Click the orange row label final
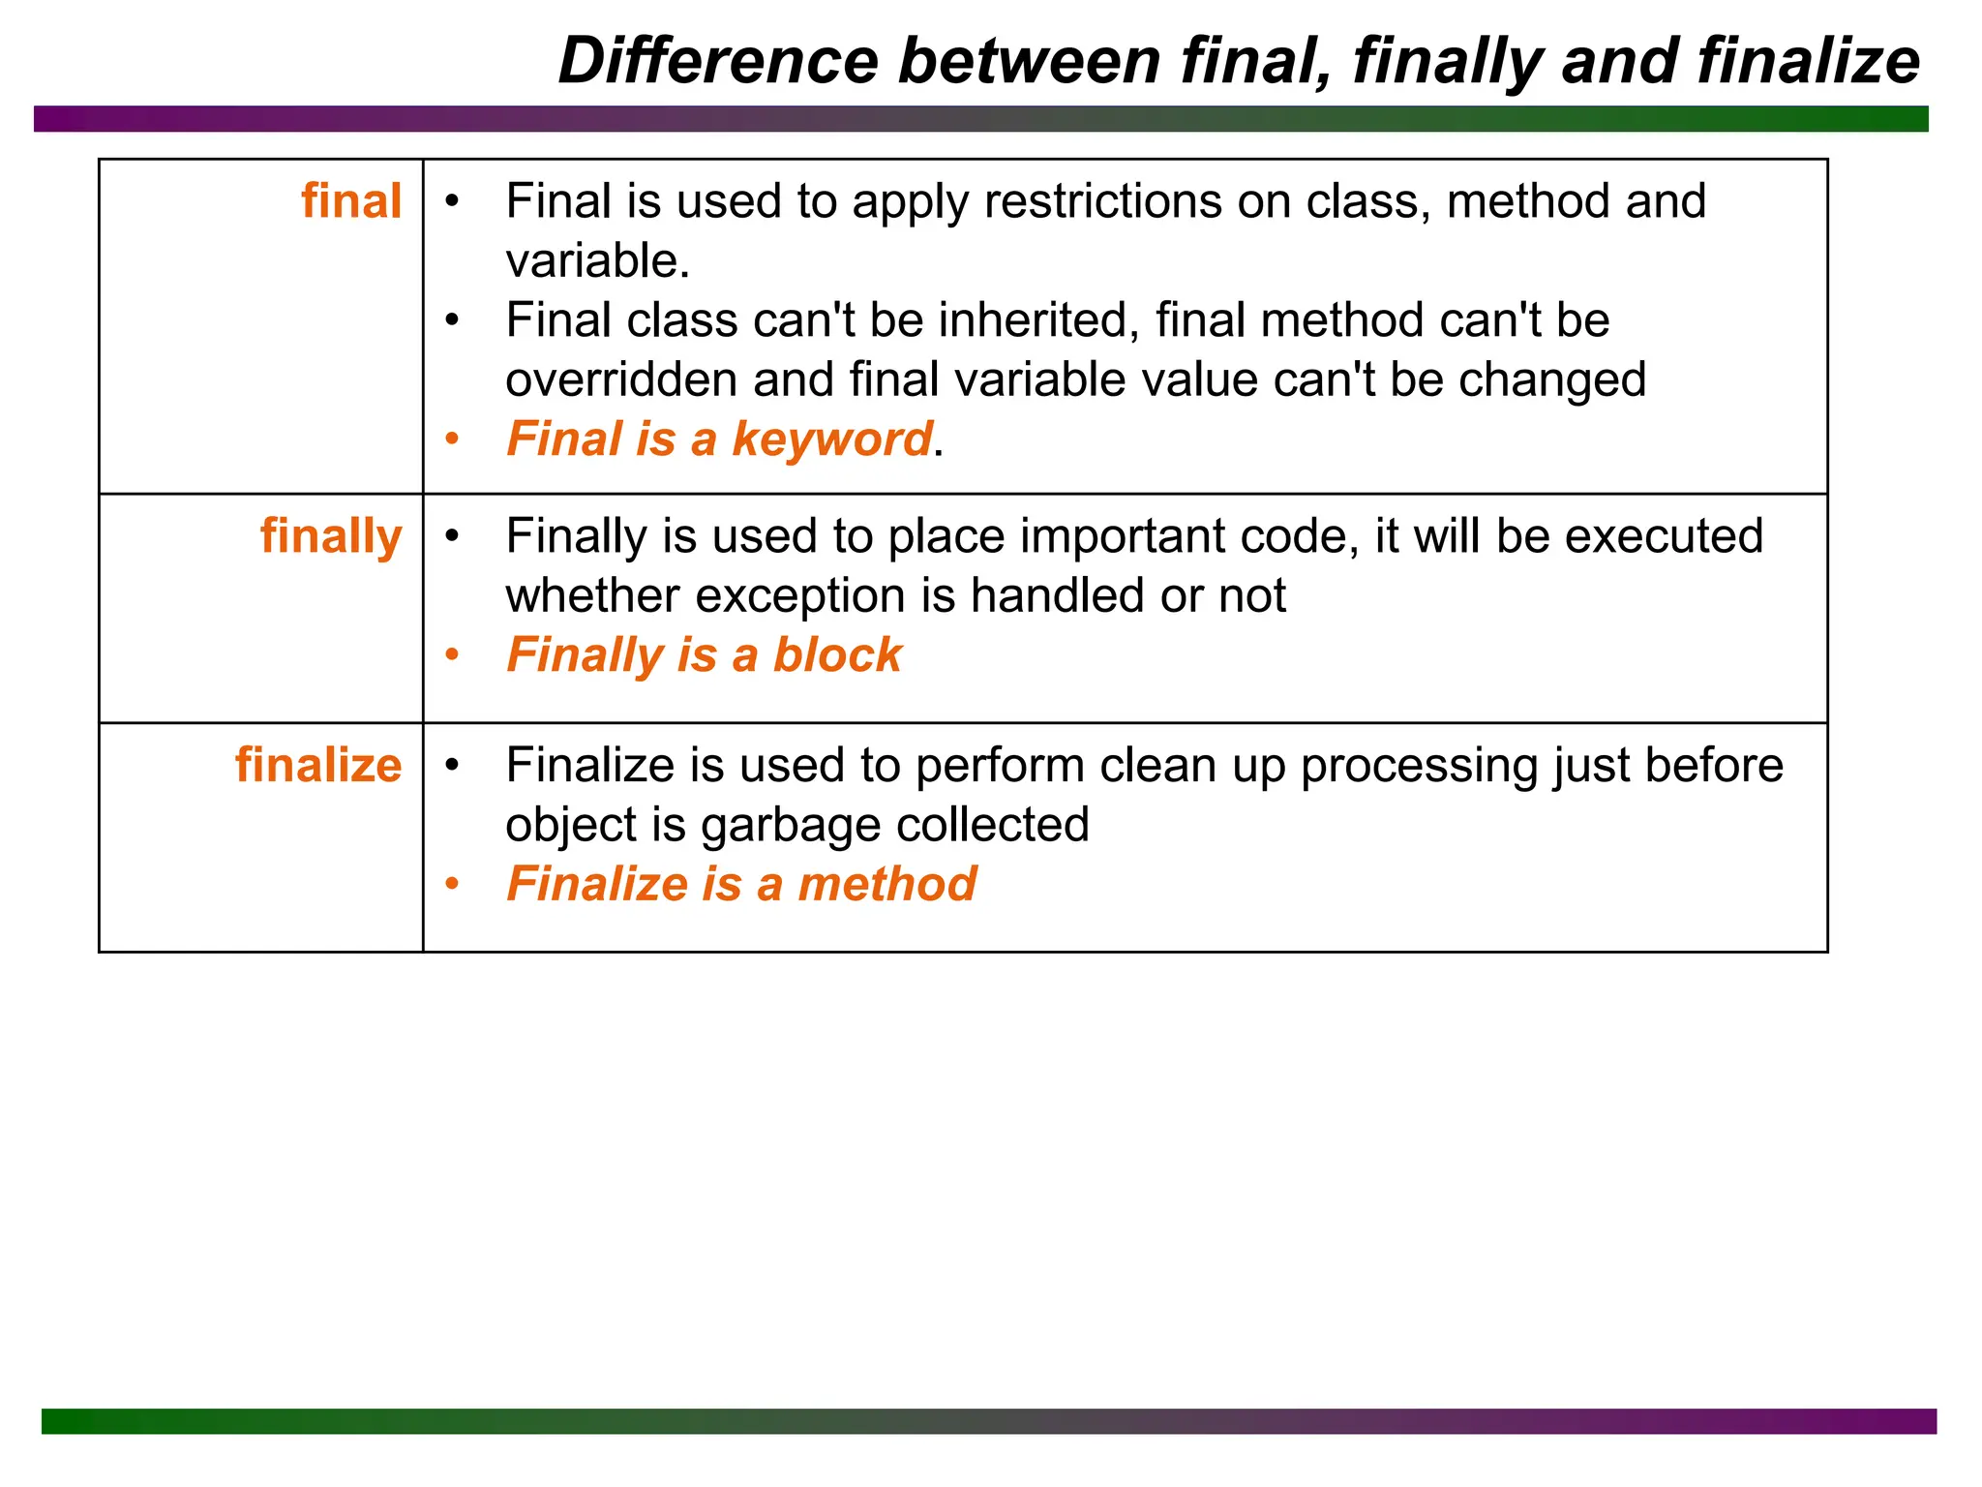tap(351, 201)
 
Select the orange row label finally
tap(331, 537)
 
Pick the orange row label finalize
tap(318, 766)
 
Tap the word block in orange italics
tap(837, 655)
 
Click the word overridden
tap(620, 379)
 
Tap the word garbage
tap(790, 826)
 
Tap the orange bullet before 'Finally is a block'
tap(452, 655)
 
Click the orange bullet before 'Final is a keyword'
tap(452, 440)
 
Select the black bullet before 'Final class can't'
tap(452, 320)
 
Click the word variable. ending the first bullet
tap(597, 261)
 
